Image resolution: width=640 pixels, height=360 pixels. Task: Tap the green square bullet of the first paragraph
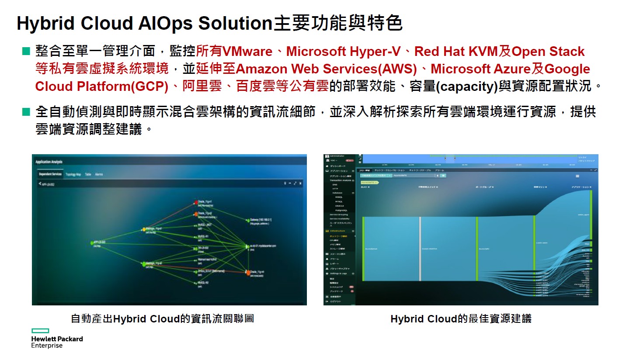coord(26,51)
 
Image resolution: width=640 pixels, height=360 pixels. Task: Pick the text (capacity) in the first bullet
coord(467,87)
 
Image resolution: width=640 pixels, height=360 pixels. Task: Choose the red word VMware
coord(247,52)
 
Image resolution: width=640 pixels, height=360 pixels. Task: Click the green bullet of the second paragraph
coord(26,112)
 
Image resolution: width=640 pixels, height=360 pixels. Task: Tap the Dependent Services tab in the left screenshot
coord(50,174)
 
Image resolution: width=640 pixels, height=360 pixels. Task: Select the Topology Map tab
coord(73,174)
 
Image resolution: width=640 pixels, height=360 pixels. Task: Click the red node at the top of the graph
coord(195,202)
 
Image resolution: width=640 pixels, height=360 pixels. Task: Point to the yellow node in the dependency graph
coord(143,229)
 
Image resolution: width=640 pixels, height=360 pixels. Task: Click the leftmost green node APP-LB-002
coord(91,242)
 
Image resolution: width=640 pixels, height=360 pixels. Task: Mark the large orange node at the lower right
coord(248,273)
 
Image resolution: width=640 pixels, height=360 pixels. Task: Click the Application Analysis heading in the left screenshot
coord(49,162)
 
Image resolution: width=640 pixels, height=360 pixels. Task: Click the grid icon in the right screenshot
coord(577,176)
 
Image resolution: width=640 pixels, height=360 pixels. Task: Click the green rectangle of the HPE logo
coord(40,331)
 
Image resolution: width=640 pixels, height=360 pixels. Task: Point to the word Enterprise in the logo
coord(47,346)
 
